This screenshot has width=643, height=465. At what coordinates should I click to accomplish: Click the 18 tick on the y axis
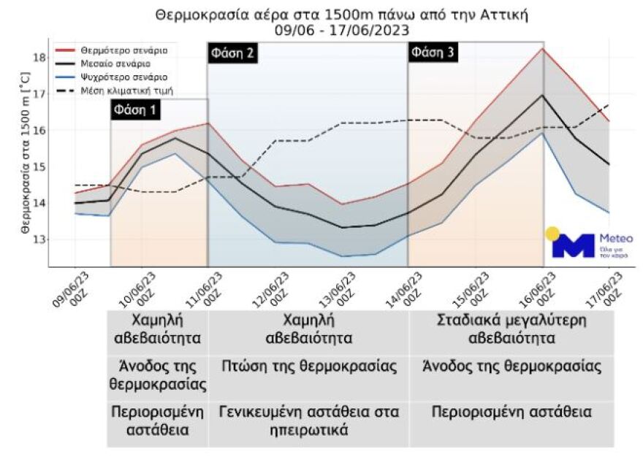40,58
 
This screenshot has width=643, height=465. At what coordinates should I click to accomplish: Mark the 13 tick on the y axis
40,239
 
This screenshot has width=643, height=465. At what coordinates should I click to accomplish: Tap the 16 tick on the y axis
40,131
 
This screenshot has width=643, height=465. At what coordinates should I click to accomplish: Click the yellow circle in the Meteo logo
552,234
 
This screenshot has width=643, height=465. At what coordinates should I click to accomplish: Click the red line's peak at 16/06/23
542,49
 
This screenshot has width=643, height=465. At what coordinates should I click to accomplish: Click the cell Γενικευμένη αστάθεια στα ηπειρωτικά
309,421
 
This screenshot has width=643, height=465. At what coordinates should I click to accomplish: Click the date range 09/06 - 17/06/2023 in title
341,30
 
